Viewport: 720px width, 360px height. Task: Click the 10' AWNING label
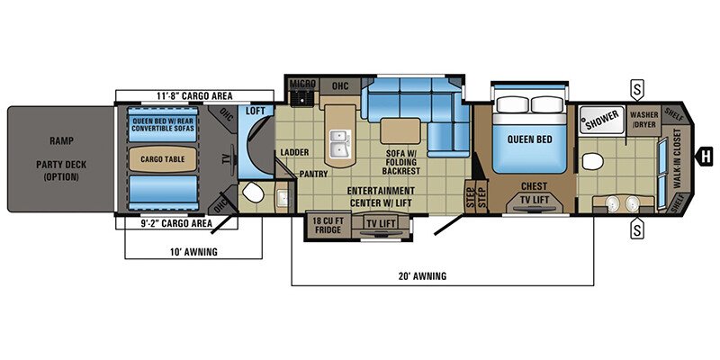(192, 252)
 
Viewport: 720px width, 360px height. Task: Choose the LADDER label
(293, 151)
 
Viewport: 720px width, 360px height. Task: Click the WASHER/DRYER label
(643, 120)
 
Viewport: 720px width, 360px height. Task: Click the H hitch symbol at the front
(706, 153)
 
